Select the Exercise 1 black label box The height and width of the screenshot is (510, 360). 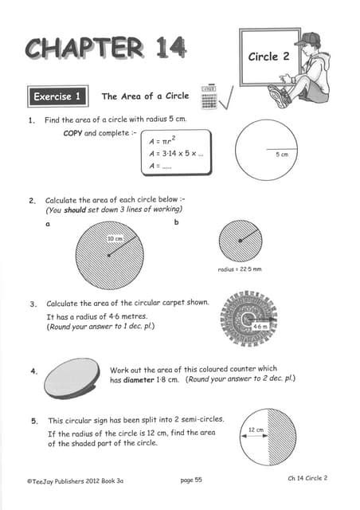pos(58,97)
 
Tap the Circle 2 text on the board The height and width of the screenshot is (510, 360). pos(264,57)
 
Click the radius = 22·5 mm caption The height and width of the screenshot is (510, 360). pos(240,269)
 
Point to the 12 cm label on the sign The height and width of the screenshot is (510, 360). pos(256,430)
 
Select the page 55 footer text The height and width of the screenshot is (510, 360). pos(191,481)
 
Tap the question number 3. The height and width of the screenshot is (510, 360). pos(33,304)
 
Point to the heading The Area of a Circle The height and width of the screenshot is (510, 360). pos(145,96)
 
